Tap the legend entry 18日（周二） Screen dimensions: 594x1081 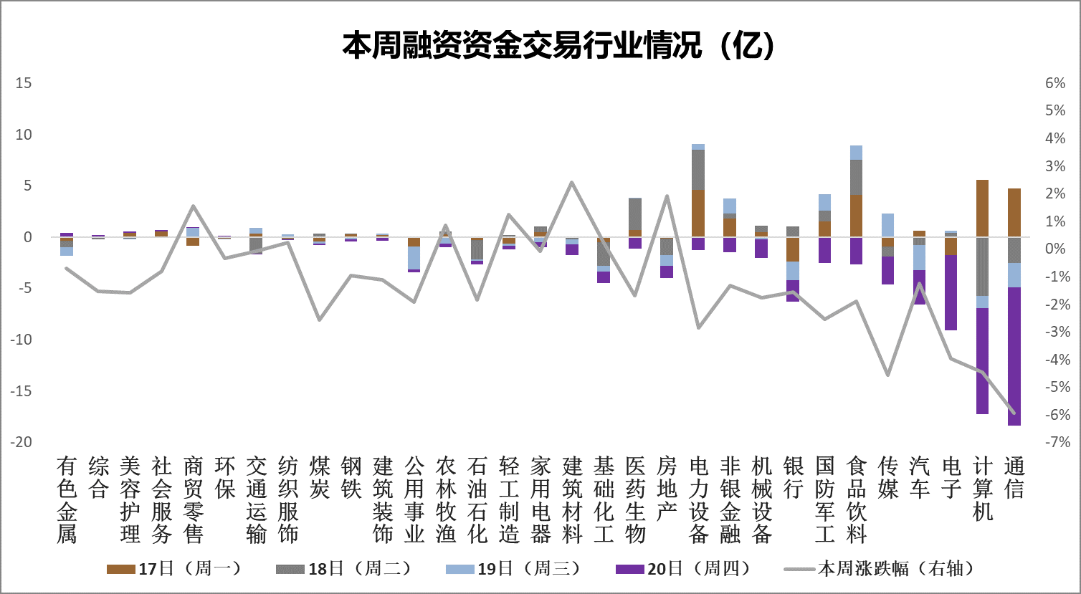pyautogui.click(x=343, y=569)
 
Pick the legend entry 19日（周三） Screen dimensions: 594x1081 pyautogui.click(x=513, y=569)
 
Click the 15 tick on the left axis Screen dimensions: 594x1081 pyautogui.click(x=24, y=83)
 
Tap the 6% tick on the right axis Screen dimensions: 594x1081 pyautogui.click(x=1055, y=83)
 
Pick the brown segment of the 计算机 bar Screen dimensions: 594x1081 pyautogui.click(x=982, y=208)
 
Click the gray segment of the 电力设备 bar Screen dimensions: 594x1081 pyautogui.click(x=698, y=170)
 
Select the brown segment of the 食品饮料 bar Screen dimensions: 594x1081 pyautogui.click(x=856, y=216)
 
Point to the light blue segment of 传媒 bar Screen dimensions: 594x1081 pyautogui.click(x=887, y=225)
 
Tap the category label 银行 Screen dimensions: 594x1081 pyautogui.click(x=793, y=478)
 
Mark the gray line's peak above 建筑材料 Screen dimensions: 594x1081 pyautogui.click(x=571, y=182)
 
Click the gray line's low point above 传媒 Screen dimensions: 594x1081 pyautogui.click(x=887, y=375)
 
